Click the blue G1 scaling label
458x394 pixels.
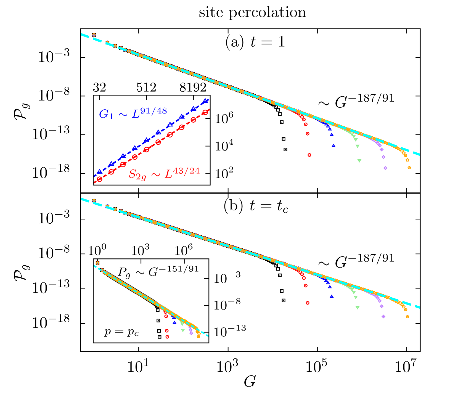click(x=133, y=113)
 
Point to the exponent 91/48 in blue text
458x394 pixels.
click(x=153, y=111)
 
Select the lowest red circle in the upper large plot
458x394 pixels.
click(x=309, y=155)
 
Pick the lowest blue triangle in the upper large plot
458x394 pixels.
click(x=333, y=146)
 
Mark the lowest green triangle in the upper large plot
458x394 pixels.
click(x=359, y=161)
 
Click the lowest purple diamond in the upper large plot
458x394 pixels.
click(x=385, y=168)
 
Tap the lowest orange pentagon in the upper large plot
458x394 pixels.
click(x=409, y=167)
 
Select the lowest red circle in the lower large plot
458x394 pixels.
click(x=308, y=303)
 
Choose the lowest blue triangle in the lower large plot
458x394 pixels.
click(x=332, y=296)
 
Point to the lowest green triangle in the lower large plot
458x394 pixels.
click(x=358, y=308)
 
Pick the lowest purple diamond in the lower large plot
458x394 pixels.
click(x=383, y=317)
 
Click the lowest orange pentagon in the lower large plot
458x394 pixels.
click(x=407, y=317)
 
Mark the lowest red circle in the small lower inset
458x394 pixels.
click(x=167, y=337)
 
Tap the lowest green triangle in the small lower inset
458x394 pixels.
click(x=183, y=330)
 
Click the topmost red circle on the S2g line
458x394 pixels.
click(x=205, y=112)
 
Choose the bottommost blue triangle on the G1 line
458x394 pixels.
click(x=99, y=172)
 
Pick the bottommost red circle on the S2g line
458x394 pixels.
click(x=100, y=179)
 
